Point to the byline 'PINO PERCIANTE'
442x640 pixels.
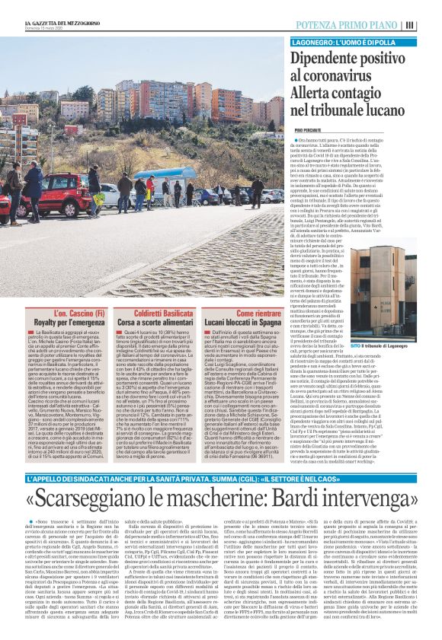click(x=309, y=130)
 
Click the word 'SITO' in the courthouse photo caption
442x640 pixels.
click(x=378, y=325)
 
